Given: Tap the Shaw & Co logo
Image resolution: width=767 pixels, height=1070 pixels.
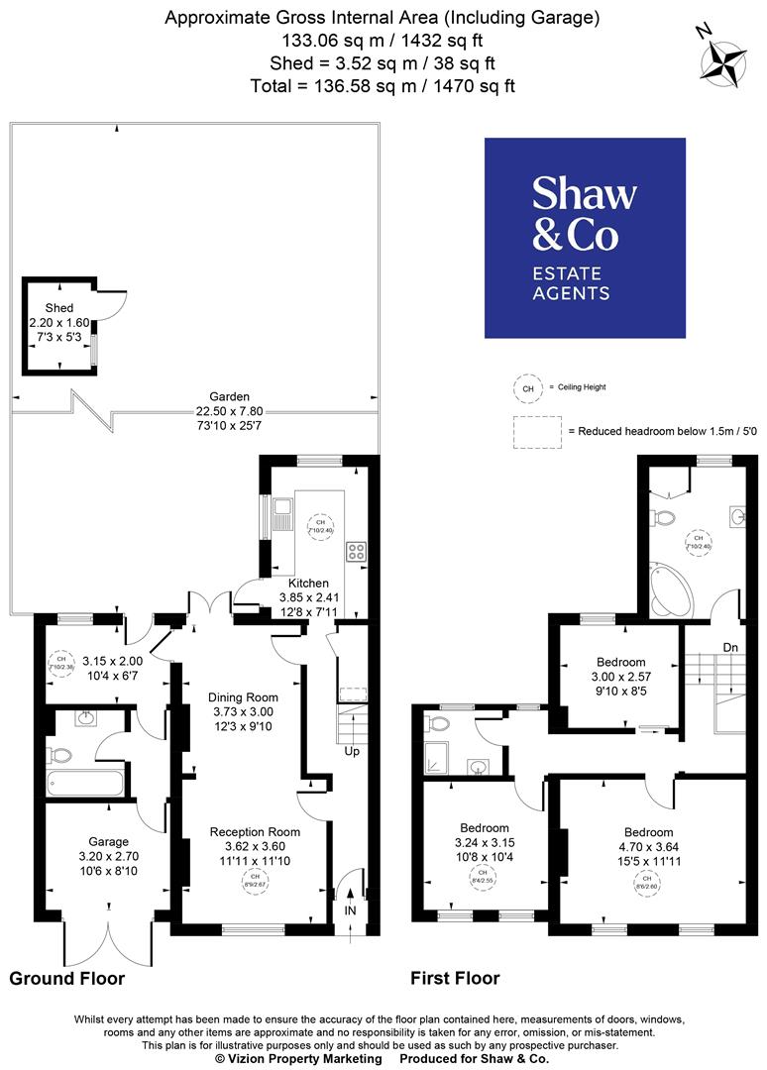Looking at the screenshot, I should pyautogui.click(x=585, y=238).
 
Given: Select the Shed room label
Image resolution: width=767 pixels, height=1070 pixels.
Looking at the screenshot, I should pyautogui.click(x=59, y=308).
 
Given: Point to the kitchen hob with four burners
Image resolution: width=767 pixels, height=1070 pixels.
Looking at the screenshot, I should pyautogui.click(x=356, y=552).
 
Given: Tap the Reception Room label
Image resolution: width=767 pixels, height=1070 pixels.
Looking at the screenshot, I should pyautogui.click(x=254, y=831).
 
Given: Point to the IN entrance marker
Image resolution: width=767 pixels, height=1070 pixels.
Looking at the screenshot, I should pyautogui.click(x=350, y=909).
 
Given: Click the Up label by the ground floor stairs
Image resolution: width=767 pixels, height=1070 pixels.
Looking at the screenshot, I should pyautogui.click(x=351, y=751).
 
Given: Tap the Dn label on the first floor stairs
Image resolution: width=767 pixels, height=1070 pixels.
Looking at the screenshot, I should pyautogui.click(x=731, y=647).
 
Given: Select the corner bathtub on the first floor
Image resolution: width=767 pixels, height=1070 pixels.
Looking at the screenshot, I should pyautogui.click(x=671, y=591).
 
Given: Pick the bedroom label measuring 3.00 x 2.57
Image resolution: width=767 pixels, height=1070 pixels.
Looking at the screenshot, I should pyautogui.click(x=620, y=662).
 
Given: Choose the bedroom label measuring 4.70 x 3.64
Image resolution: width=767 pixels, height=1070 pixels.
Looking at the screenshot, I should pyautogui.click(x=648, y=832).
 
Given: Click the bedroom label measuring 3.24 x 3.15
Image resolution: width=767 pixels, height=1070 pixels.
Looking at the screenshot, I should pyautogui.click(x=485, y=828).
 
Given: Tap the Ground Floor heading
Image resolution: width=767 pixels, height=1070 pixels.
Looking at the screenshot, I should pyautogui.click(x=67, y=979).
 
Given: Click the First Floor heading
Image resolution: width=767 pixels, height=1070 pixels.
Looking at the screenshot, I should pyautogui.click(x=455, y=979).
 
